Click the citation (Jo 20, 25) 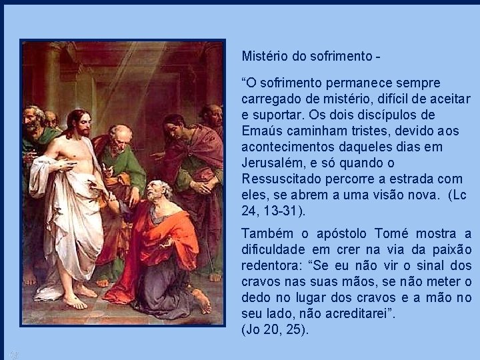click(275, 329)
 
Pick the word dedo click(257, 297)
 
